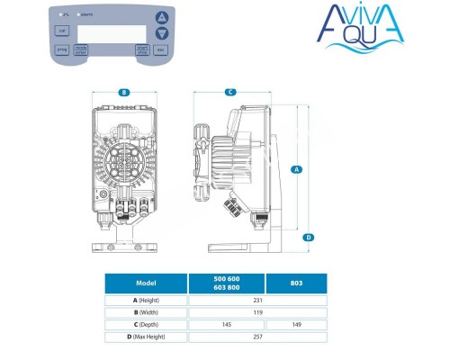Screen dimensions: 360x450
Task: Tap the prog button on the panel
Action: click(37, 50)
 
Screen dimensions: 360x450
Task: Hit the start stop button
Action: click(143, 50)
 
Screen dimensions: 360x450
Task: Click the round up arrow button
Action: click(162, 16)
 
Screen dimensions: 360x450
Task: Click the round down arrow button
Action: click(162, 32)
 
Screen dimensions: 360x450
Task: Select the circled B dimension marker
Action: click(124, 92)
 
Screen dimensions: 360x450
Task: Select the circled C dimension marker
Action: click(231, 92)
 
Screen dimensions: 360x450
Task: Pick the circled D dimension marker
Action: click(309, 238)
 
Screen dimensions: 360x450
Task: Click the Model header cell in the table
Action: click(147, 283)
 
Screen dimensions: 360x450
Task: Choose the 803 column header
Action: click(297, 283)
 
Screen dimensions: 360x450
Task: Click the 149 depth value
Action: click(297, 322)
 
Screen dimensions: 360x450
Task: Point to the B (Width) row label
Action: click(147, 310)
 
